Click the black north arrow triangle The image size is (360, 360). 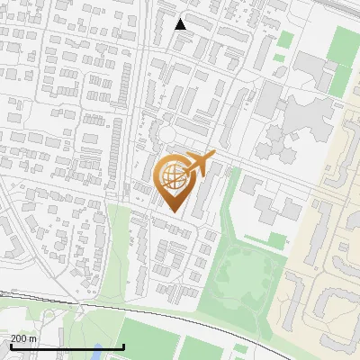pos(181,24)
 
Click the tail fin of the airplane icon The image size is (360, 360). pos(211,157)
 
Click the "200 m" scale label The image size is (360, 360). pos(24,338)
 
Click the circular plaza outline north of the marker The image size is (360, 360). pos(166,135)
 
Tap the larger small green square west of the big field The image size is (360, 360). pos(286,40)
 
